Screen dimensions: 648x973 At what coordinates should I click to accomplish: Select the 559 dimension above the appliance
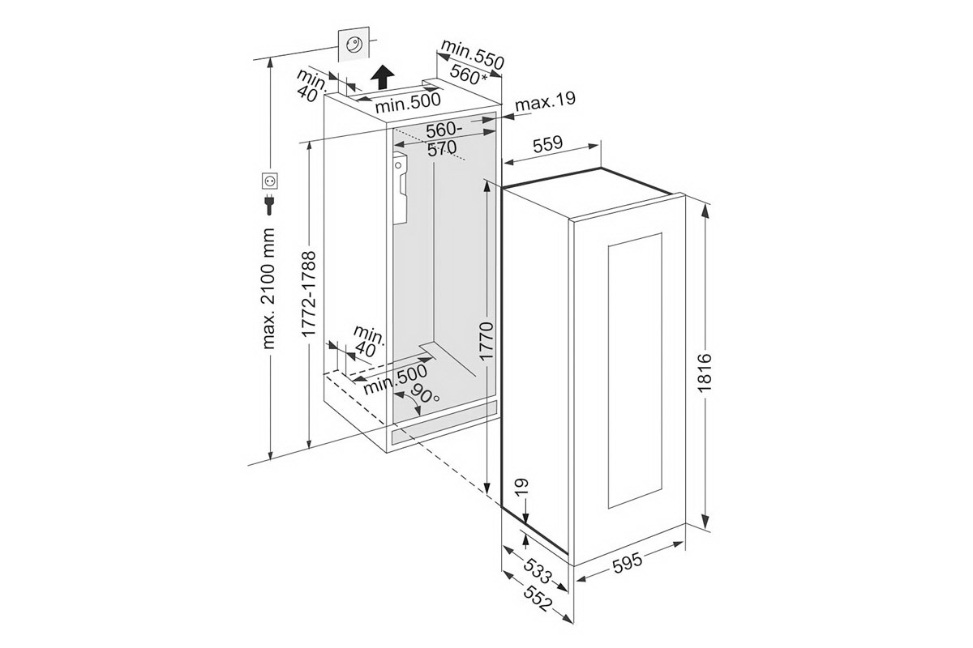tap(548, 146)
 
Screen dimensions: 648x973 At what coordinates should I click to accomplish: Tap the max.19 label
tap(545, 102)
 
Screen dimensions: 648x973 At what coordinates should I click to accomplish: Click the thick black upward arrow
tap(380, 79)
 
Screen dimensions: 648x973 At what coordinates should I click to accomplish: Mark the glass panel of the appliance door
tap(633, 371)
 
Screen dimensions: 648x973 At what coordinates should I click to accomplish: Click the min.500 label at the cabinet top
tap(407, 101)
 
